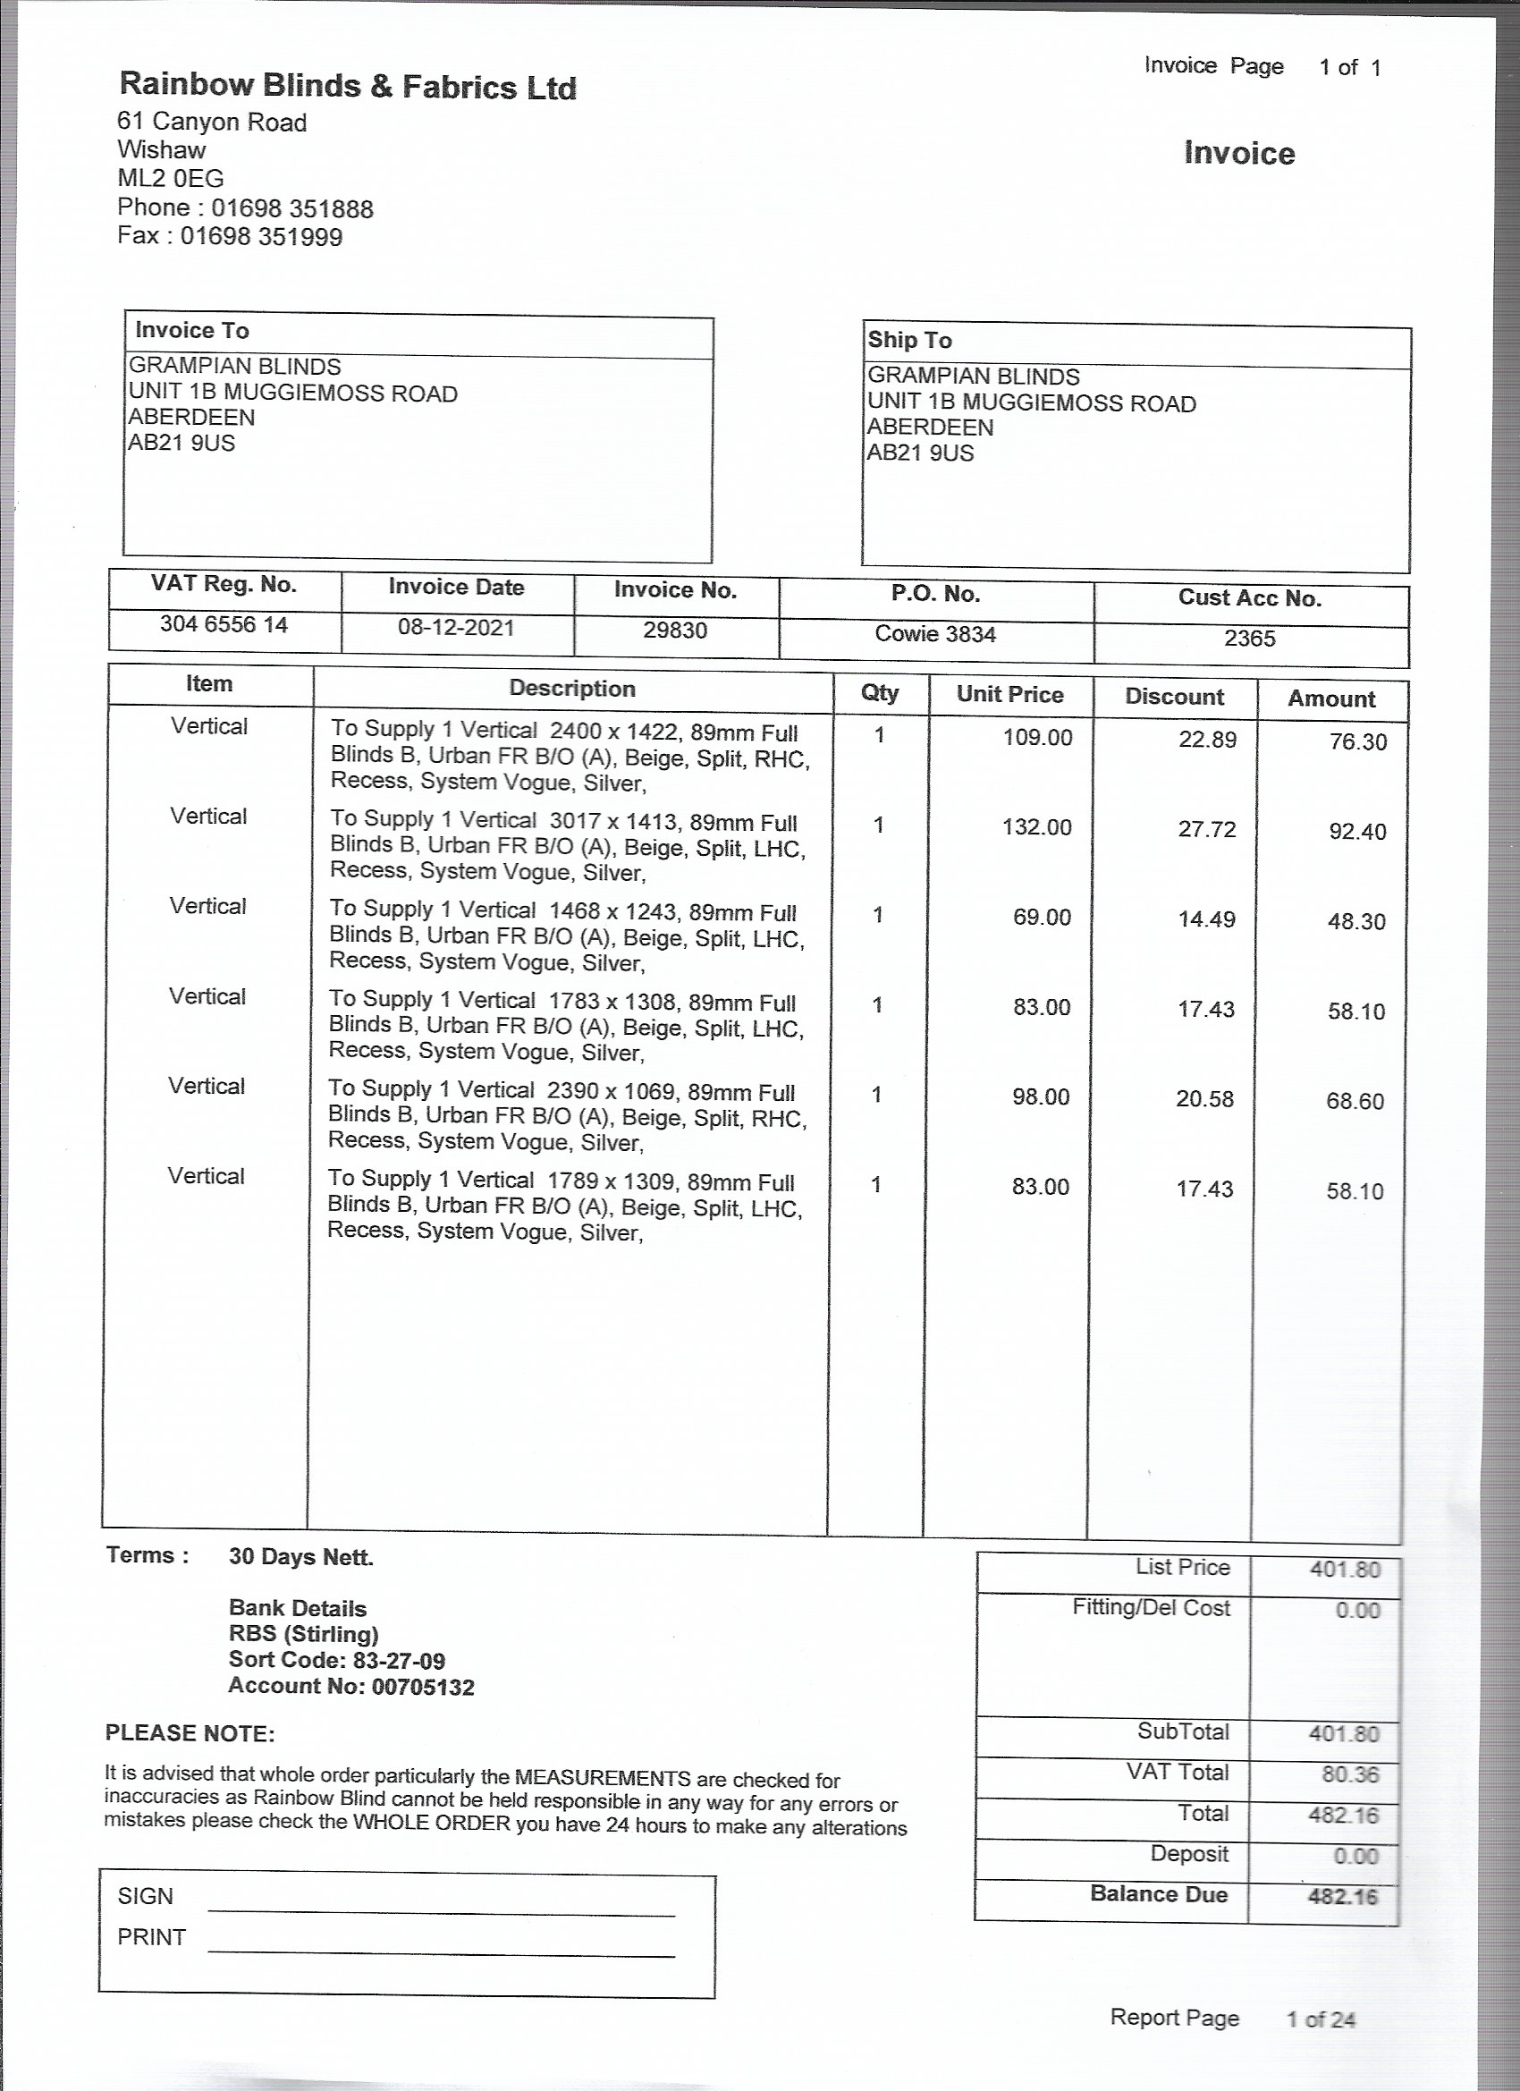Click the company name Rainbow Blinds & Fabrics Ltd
click(348, 87)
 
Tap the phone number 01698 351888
click(292, 208)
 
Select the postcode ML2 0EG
click(171, 178)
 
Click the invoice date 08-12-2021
click(455, 628)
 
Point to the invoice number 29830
click(675, 631)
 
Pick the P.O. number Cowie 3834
click(934, 634)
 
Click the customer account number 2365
click(1249, 638)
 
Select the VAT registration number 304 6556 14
click(224, 624)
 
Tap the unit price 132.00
click(1037, 827)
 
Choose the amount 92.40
click(1357, 832)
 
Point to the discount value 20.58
click(1203, 1099)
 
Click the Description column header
click(571, 689)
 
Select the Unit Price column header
click(1009, 694)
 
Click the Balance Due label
click(1159, 1893)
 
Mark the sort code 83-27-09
click(398, 1661)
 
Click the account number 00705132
click(422, 1687)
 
